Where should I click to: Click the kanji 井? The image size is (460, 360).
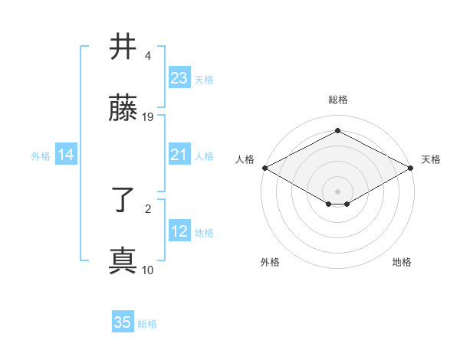(123, 47)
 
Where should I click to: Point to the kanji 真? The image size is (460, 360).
(123, 261)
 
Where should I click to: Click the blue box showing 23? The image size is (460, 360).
(179, 78)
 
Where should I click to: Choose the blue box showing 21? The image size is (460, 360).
(179, 155)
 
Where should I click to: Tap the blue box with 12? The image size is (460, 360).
(179, 232)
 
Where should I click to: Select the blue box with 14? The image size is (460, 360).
(66, 155)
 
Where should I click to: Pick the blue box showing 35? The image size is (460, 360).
(123, 322)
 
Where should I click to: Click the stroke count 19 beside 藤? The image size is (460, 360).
(149, 117)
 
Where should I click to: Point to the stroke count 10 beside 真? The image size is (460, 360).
(148, 270)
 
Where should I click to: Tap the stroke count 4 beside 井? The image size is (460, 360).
(148, 56)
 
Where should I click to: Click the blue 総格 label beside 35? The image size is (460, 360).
(147, 324)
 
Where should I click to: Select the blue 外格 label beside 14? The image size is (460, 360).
(41, 156)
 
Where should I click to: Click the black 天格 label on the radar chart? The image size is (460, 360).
(431, 159)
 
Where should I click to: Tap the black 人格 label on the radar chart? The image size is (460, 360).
(245, 159)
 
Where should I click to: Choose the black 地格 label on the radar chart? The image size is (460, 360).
(402, 262)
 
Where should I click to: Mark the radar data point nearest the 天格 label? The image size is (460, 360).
(412, 168)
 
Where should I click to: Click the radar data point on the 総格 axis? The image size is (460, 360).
(337, 131)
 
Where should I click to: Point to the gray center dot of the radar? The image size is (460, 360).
(337, 191)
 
